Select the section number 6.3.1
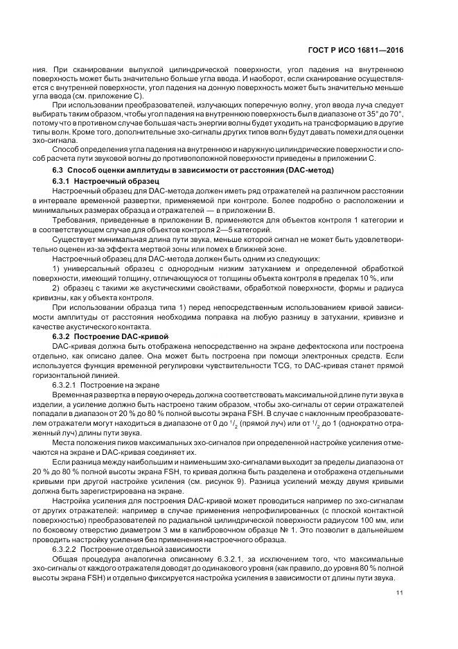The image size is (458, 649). (63, 180)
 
